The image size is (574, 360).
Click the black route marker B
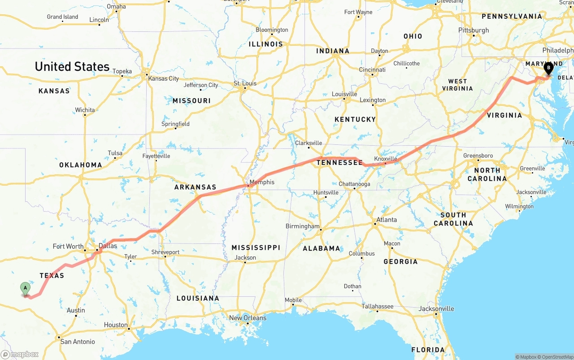pyautogui.click(x=548, y=69)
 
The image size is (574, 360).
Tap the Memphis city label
pyautogui.click(x=262, y=182)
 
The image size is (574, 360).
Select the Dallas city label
pyautogui.click(x=108, y=246)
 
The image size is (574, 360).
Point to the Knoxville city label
pyautogui.click(x=386, y=159)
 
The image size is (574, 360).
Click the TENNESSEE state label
pyautogui.click(x=339, y=163)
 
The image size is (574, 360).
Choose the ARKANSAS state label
pyautogui.click(x=195, y=187)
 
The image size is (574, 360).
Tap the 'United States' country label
pyautogui.click(x=72, y=67)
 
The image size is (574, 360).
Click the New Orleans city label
pyautogui.click(x=248, y=318)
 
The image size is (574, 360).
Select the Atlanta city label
pyautogui.click(x=387, y=220)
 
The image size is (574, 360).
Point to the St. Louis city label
pyautogui.click(x=245, y=83)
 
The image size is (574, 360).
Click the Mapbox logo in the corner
pyautogui.click(x=20, y=354)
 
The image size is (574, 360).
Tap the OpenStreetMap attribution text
pyautogui.click(x=556, y=357)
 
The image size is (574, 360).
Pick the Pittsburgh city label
pyautogui.click(x=474, y=30)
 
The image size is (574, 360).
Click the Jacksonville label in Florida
pyautogui.click(x=436, y=308)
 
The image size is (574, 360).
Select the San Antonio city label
pyautogui.click(x=78, y=342)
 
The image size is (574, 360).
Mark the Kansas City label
pyautogui.click(x=164, y=78)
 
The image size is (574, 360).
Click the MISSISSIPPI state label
pyautogui.click(x=256, y=247)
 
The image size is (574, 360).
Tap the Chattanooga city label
pyautogui.click(x=354, y=184)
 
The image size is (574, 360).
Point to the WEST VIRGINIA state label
pyautogui.click(x=457, y=85)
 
